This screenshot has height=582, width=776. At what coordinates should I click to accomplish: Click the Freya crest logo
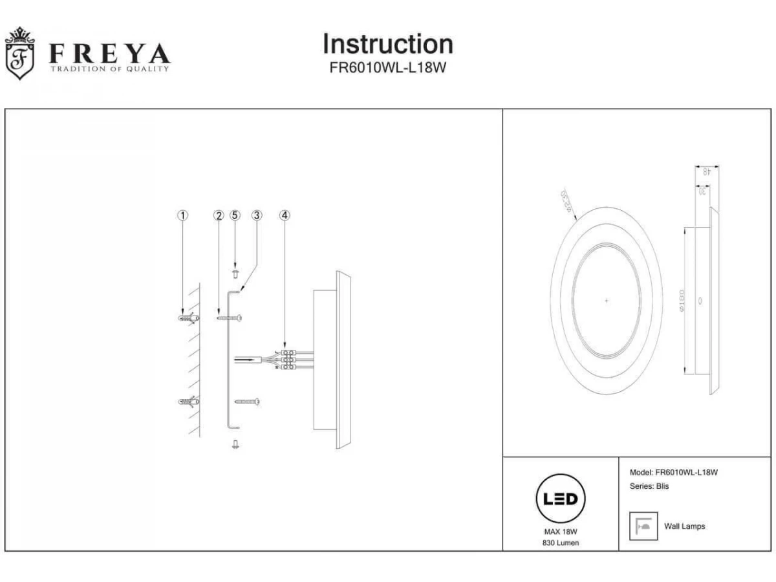[x=19, y=54]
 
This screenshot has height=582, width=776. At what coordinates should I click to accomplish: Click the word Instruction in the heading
[x=387, y=44]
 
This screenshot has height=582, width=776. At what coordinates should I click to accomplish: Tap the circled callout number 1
[x=184, y=215]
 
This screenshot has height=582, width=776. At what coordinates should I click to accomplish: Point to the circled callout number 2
[x=219, y=215]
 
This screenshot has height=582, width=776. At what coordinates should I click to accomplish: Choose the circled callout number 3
[x=257, y=215]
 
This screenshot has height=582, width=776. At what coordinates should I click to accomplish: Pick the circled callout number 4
[x=284, y=215]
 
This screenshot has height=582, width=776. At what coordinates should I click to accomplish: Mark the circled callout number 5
[x=235, y=215]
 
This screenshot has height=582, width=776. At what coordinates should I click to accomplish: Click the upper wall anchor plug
[x=186, y=318]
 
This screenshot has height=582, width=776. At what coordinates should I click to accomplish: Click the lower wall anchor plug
[x=186, y=402]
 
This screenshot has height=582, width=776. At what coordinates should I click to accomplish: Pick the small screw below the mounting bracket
[x=235, y=444]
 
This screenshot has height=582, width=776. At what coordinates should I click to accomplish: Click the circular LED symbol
[x=561, y=499]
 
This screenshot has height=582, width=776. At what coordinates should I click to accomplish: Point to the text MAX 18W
[x=561, y=532]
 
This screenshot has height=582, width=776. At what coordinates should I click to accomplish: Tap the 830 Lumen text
[x=561, y=543]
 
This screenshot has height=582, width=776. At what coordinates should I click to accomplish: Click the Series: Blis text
[x=649, y=486]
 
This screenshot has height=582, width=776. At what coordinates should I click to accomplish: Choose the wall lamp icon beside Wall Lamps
[x=643, y=526]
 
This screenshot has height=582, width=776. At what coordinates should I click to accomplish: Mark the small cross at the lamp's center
[x=606, y=301]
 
